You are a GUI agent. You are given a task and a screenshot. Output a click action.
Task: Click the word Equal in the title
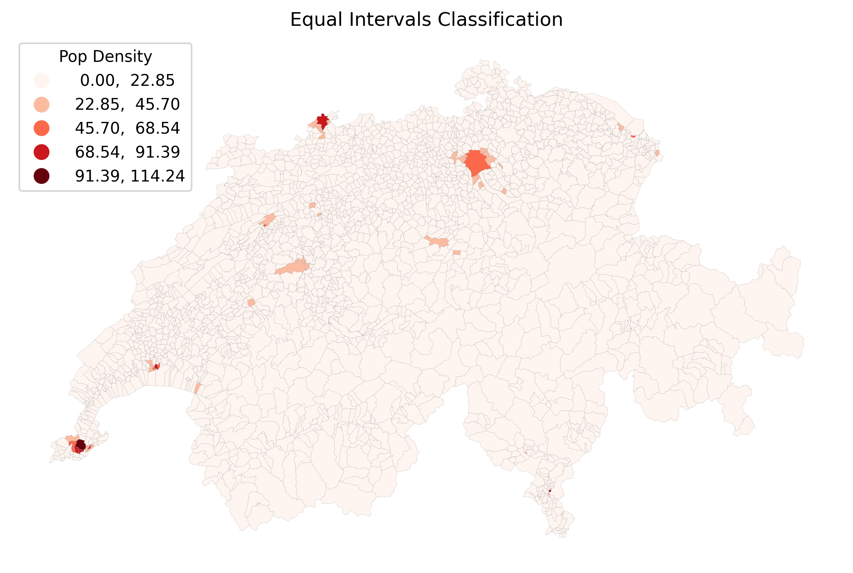click(317, 20)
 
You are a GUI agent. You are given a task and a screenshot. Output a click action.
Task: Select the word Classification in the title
click(500, 20)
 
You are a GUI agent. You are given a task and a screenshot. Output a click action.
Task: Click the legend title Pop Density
click(105, 57)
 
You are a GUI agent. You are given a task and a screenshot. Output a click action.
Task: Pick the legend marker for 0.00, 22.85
click(41, 81)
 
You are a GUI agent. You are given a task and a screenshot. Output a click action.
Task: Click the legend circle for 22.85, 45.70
click(41, 104)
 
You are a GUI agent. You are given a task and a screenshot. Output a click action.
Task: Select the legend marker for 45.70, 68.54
click(41, 128)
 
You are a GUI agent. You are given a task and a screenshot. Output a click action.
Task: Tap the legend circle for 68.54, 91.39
click(41, 152)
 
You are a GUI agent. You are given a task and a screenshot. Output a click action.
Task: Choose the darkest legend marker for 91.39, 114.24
click(41, 176)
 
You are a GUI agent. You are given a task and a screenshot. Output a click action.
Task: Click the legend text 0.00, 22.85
click(127, 81)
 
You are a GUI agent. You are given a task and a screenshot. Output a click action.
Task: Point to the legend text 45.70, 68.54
click(127, 128)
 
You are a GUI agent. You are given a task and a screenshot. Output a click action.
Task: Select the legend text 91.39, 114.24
click(130, 176)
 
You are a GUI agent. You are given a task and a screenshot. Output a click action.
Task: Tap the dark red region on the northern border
click(323, 121)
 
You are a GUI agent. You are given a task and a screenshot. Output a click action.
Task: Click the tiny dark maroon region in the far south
click(550, 491)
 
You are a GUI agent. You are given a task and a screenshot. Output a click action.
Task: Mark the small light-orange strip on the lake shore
click(197, 388)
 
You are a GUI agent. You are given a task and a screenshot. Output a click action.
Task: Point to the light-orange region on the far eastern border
click(657, 153)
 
